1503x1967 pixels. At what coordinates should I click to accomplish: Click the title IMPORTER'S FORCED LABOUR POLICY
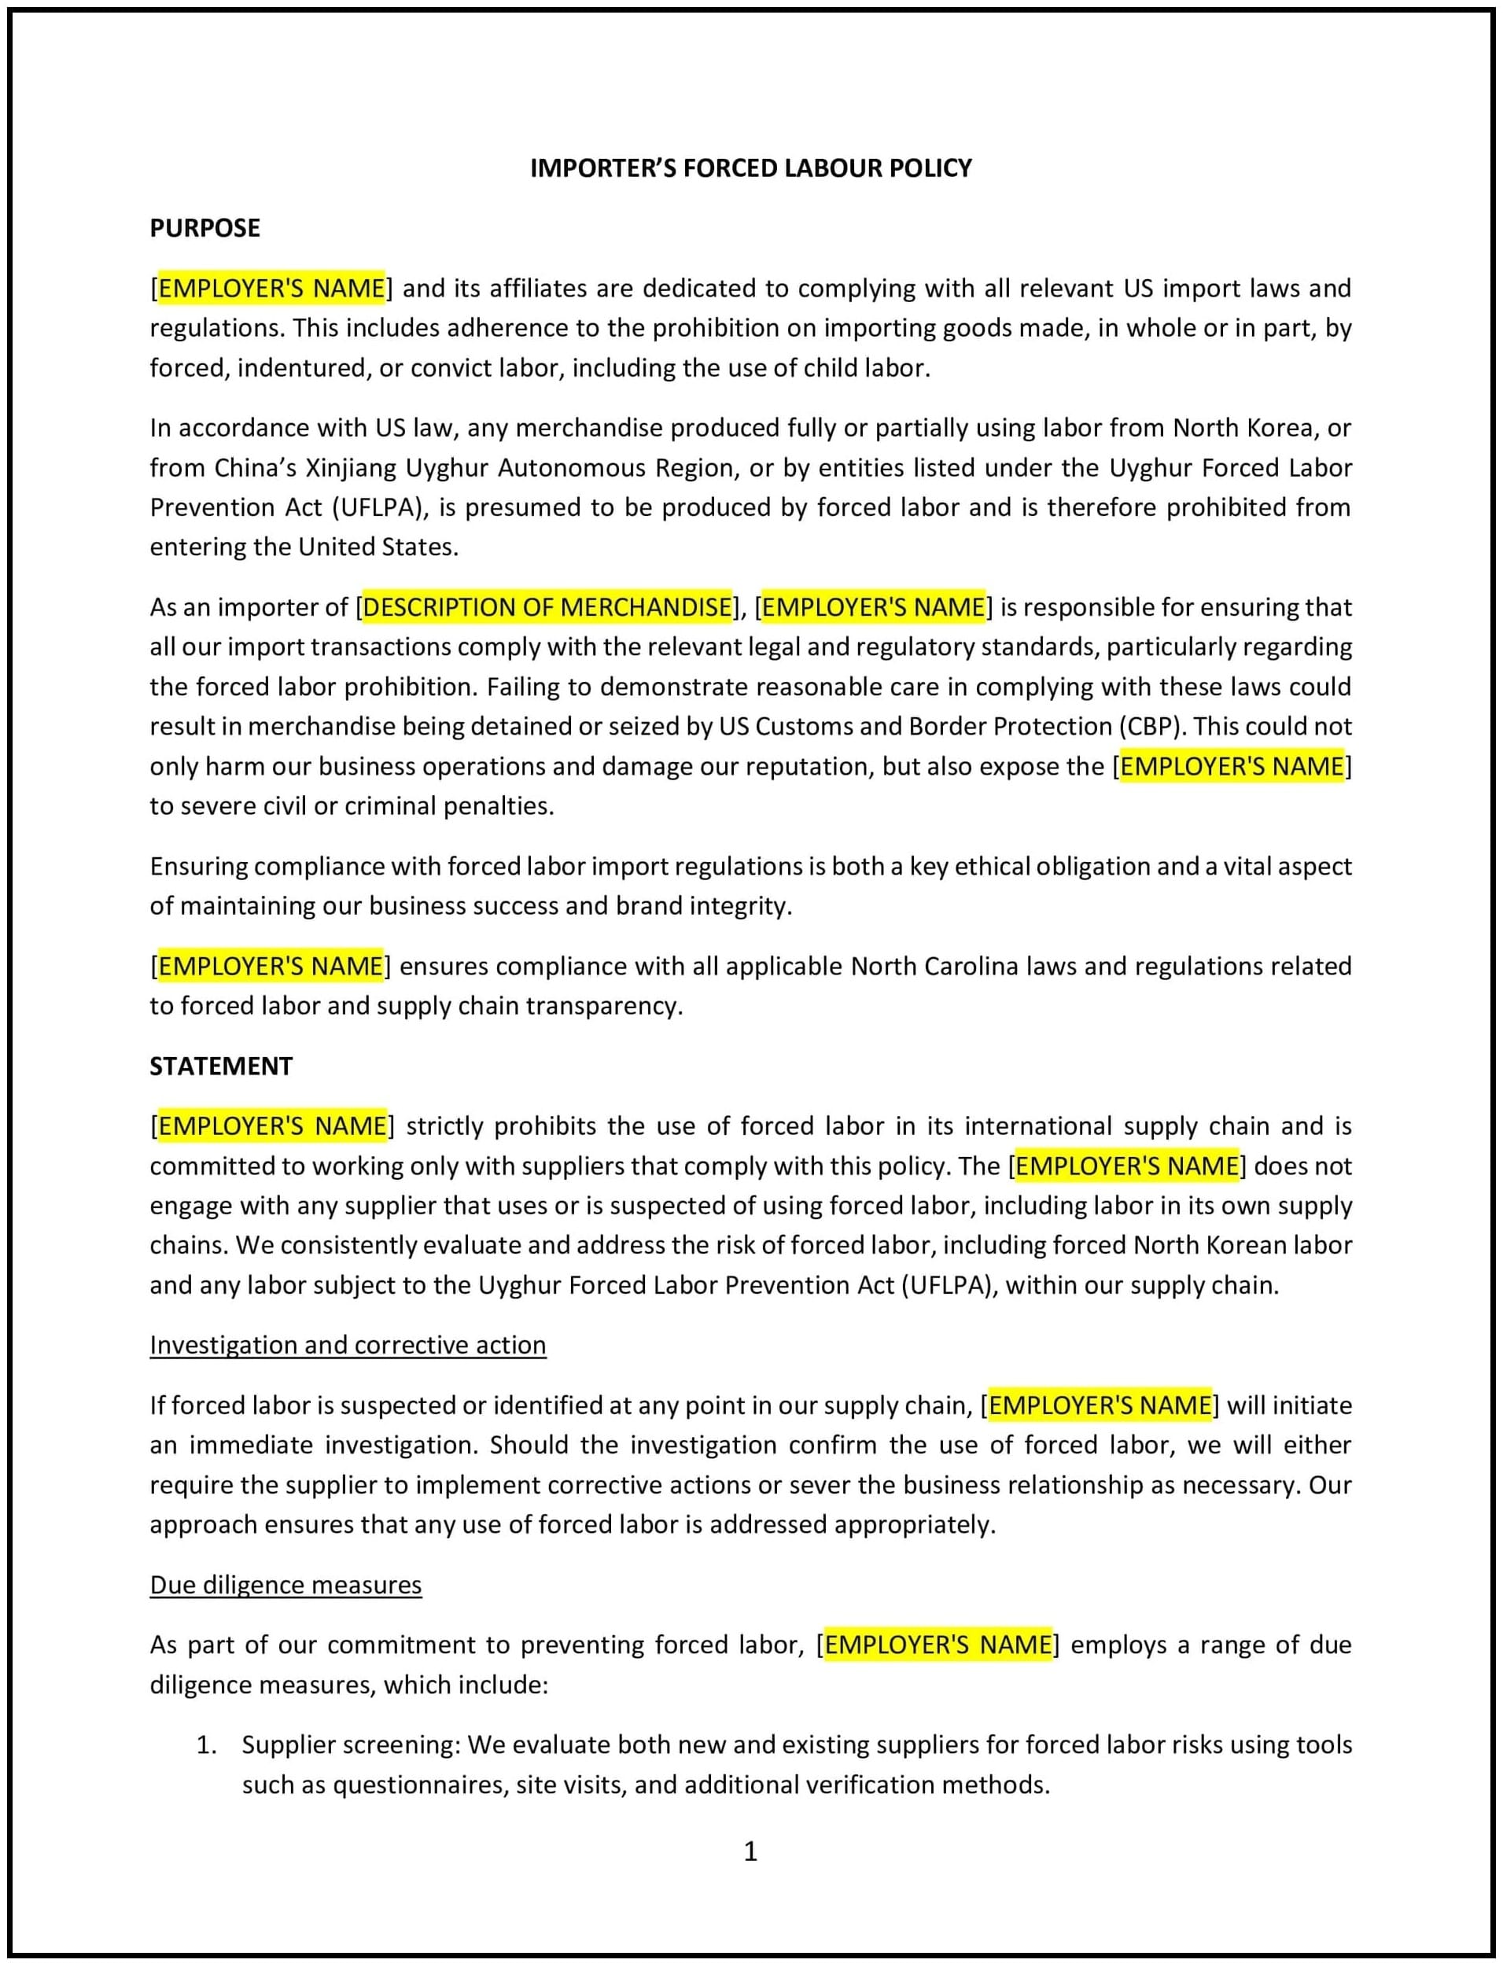pos(750,168)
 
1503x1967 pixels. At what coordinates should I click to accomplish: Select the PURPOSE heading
pos(204,228)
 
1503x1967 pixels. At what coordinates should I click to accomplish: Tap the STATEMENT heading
pos(221,1066)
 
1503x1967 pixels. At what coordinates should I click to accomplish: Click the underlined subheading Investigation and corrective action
pos(347,1346)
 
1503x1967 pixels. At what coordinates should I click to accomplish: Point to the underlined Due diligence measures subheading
pos(285,1585)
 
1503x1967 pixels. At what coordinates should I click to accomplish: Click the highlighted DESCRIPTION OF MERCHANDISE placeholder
pos(547,607)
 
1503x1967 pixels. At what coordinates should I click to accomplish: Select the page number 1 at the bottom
pos(750,1851)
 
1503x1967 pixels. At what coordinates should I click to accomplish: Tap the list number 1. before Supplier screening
pos(207,1745)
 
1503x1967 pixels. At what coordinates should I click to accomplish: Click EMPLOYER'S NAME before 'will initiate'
pos(1100,1405)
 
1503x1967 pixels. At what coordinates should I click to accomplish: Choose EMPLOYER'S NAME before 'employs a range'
pos(938,1645)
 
